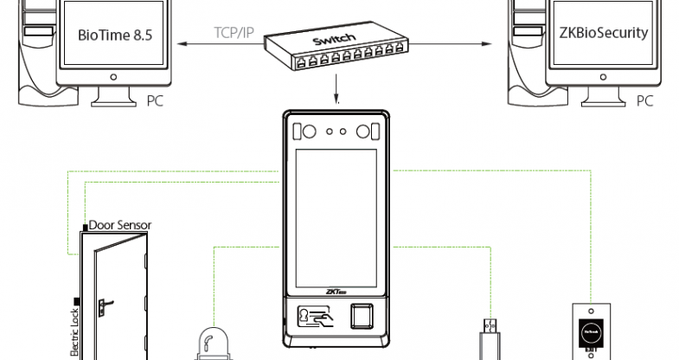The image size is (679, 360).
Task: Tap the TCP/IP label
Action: click(x=234, y=34)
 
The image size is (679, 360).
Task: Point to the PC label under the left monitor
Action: click(x=156, y=100)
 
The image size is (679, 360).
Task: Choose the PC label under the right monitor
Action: click(x=644, y=100)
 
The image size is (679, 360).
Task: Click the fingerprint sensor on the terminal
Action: click(x=363, y=318)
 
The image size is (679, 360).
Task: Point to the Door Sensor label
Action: click(x=119, y=225)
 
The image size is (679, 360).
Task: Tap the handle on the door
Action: click(x=103, y=304)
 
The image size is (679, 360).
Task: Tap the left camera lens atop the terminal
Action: click(x=305, y=132)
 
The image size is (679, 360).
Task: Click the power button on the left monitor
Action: click(x=112, y=76)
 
